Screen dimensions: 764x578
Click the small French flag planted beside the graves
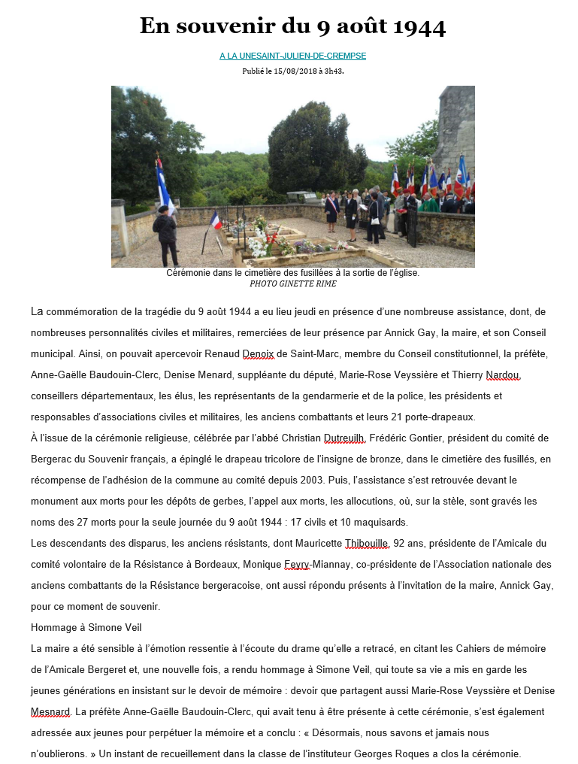click(x=215, y=221)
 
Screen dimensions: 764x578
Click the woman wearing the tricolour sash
click(x=332, y=210)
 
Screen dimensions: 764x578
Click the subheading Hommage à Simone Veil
click(x=86, y=627)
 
